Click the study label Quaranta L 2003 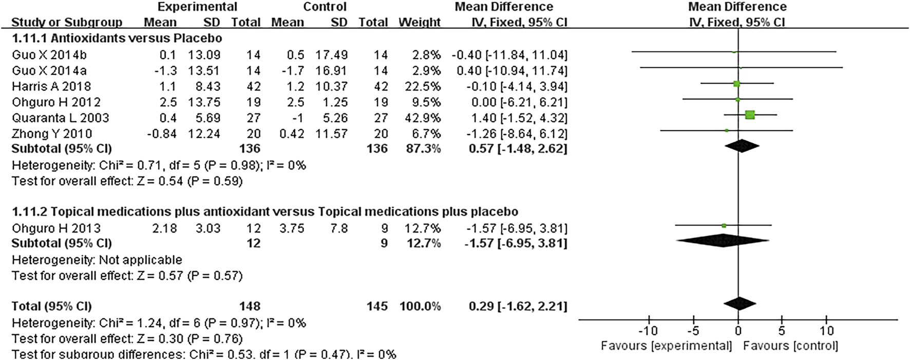pyautogui.click(x=60, y=118)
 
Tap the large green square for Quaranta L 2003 pyautogui.click(x=750, y=115)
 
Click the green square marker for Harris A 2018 pyautogui.click(x=736, y=84)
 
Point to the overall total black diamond pyautogui.click(x=740, y=304)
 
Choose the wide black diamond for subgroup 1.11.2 pyautogui.click(x=724, y=240)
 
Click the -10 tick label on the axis pyautogui.click(x=648, y=331)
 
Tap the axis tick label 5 pyautogui.click(x=782, y=331)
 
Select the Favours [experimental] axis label pyautogui.click(x=666, y=346)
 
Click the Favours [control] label pyautogui.click(x=790, y=346)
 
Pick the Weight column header pyautogui.click(x=420, y=23)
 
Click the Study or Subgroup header pyautogui.click(x=67, y=23)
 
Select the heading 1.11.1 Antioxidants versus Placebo pyautogui.click(x=117, y=39)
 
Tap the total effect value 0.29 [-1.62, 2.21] pyautogui.click(x=518, y=307)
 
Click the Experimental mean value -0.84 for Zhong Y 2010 pyautogui.click(x=162, y=134)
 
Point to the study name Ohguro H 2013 pyautogui.click(x=56, y=229)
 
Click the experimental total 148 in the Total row pyautogui.click(x=250, y=307)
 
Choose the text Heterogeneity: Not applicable pyautogui.click(x=97, y=260)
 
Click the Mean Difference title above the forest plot pyautogui.click(x=737, y=7)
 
